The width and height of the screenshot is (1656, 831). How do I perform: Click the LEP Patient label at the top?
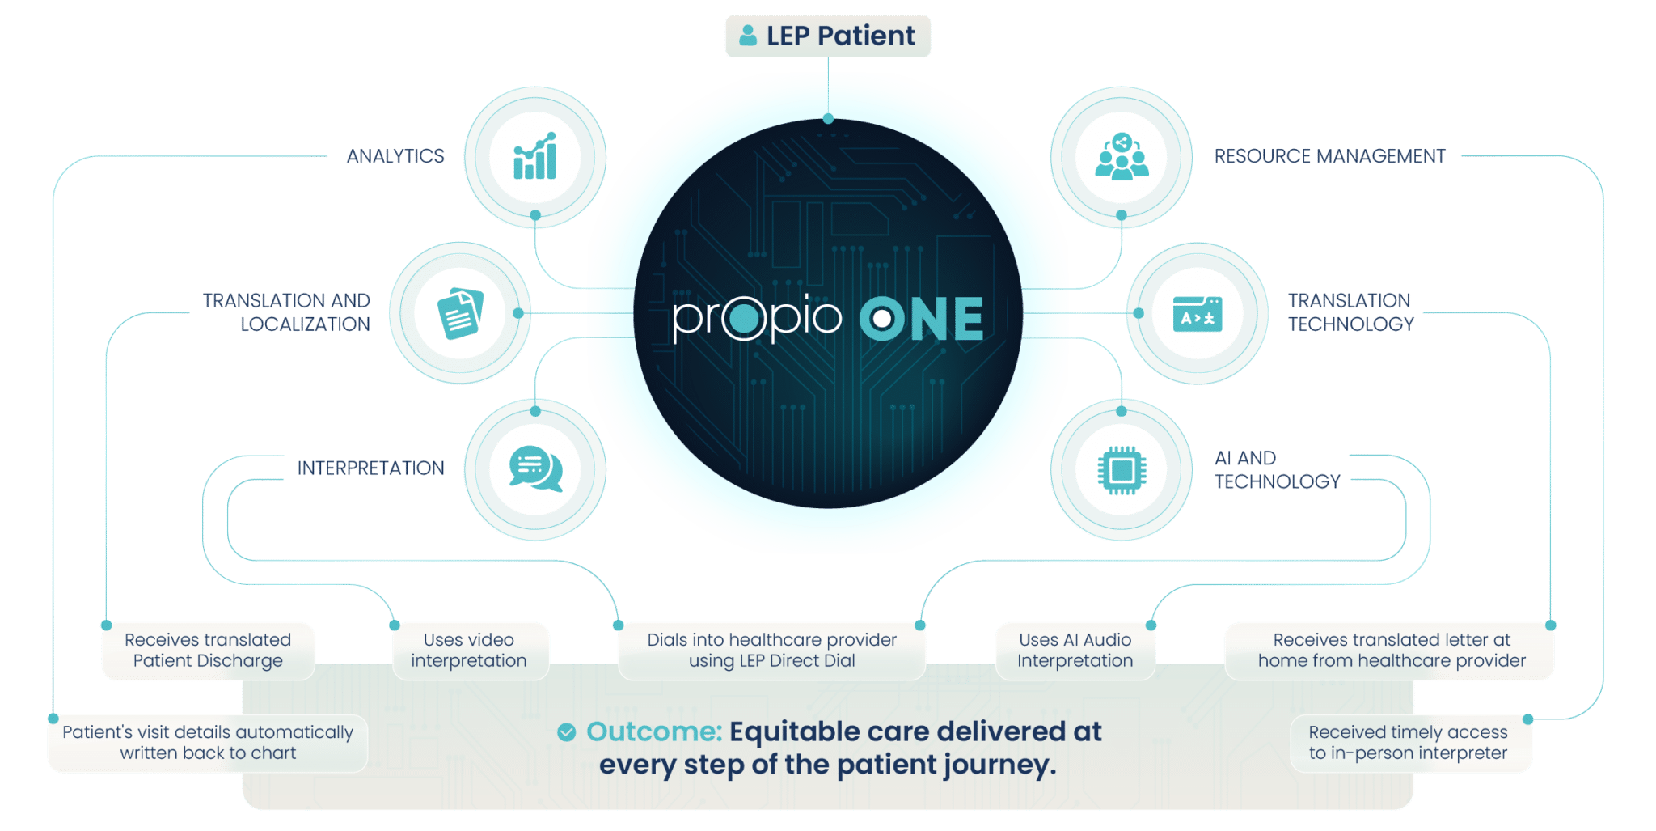828,36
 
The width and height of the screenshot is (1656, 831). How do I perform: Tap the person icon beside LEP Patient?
748,36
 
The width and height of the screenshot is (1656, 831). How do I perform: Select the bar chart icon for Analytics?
535,156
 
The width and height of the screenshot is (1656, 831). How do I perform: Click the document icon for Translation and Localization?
460,313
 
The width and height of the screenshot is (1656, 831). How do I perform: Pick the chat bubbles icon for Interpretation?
535,469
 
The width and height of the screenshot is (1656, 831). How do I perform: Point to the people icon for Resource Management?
1122,156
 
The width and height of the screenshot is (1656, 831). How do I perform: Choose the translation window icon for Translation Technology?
1198,314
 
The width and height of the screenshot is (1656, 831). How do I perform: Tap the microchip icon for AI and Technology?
1122,470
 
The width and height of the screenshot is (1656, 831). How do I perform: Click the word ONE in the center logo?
922,319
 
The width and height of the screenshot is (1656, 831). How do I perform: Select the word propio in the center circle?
757,318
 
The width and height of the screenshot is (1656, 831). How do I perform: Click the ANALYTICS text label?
395,156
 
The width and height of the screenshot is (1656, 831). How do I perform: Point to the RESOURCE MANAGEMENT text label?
1329,156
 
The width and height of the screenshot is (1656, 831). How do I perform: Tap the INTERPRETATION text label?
370,468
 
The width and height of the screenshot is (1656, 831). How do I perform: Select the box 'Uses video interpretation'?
469,651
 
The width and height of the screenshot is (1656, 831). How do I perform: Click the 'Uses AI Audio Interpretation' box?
1075,651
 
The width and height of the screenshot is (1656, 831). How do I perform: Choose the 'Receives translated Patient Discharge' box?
208,651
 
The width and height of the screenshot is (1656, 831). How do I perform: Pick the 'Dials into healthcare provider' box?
772,651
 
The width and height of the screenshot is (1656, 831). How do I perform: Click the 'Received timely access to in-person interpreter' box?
1409,743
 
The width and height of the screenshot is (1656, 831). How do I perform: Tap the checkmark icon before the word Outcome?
567,732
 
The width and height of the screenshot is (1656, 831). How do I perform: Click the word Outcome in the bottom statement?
653,731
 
